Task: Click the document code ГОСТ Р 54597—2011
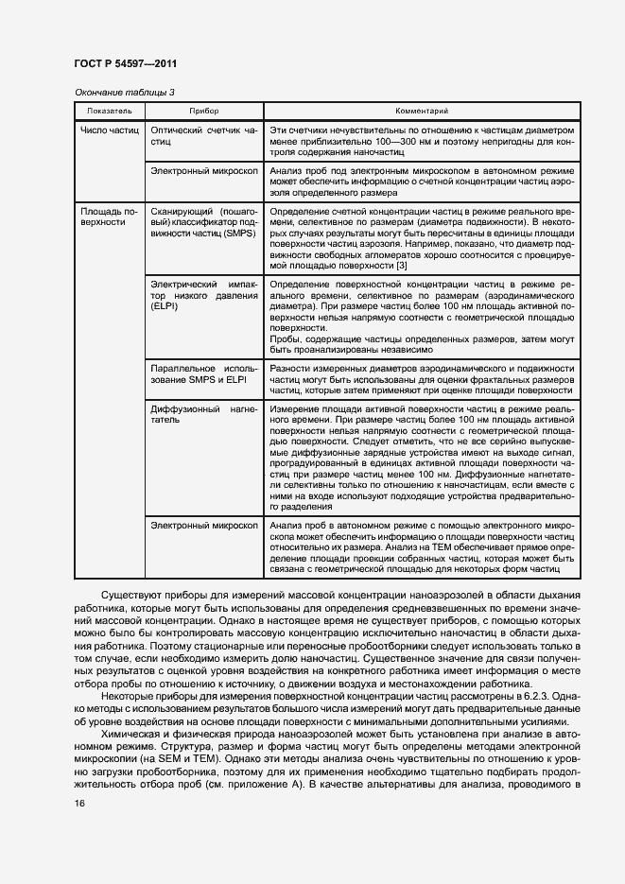pyautogui.click(x=125, y=64)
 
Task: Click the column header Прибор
pyautogui.click(x=203, y=112)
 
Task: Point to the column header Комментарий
pyautogui.click(x=421, y=112)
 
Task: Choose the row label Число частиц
pyautogui.click(x=109, y=130)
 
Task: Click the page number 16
pyautogui.click(x=78, y=803)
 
